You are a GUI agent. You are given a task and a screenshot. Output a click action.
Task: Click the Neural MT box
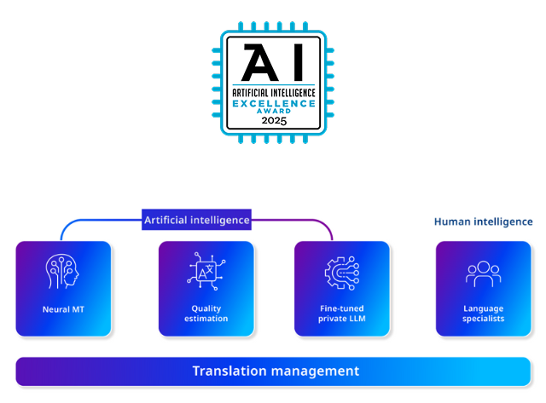tap(63, 288)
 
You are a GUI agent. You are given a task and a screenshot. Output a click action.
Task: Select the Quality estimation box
tap(206, 288)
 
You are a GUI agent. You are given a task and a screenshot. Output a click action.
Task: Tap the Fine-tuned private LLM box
tap(341, 288)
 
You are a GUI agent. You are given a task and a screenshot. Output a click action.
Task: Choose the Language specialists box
tap(483, 288)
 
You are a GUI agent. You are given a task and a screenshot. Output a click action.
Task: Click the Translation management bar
tap(273, 371)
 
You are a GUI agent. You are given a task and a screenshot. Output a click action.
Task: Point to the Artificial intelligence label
tap(196, 220)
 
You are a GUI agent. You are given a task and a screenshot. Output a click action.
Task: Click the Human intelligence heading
tap(483, 222)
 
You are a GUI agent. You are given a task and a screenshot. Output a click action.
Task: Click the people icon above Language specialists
tap(483, 273)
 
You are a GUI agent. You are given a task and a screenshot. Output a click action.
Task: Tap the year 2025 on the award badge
tap(274, 120)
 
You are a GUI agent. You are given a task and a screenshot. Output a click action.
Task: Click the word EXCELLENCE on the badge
tap(274, 102)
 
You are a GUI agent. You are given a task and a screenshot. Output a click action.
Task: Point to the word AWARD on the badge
tap(274, 111)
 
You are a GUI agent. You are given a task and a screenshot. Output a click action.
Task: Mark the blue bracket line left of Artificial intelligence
tap(94, 222)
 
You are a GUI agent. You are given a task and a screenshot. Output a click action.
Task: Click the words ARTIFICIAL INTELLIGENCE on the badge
tap(274, 91)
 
